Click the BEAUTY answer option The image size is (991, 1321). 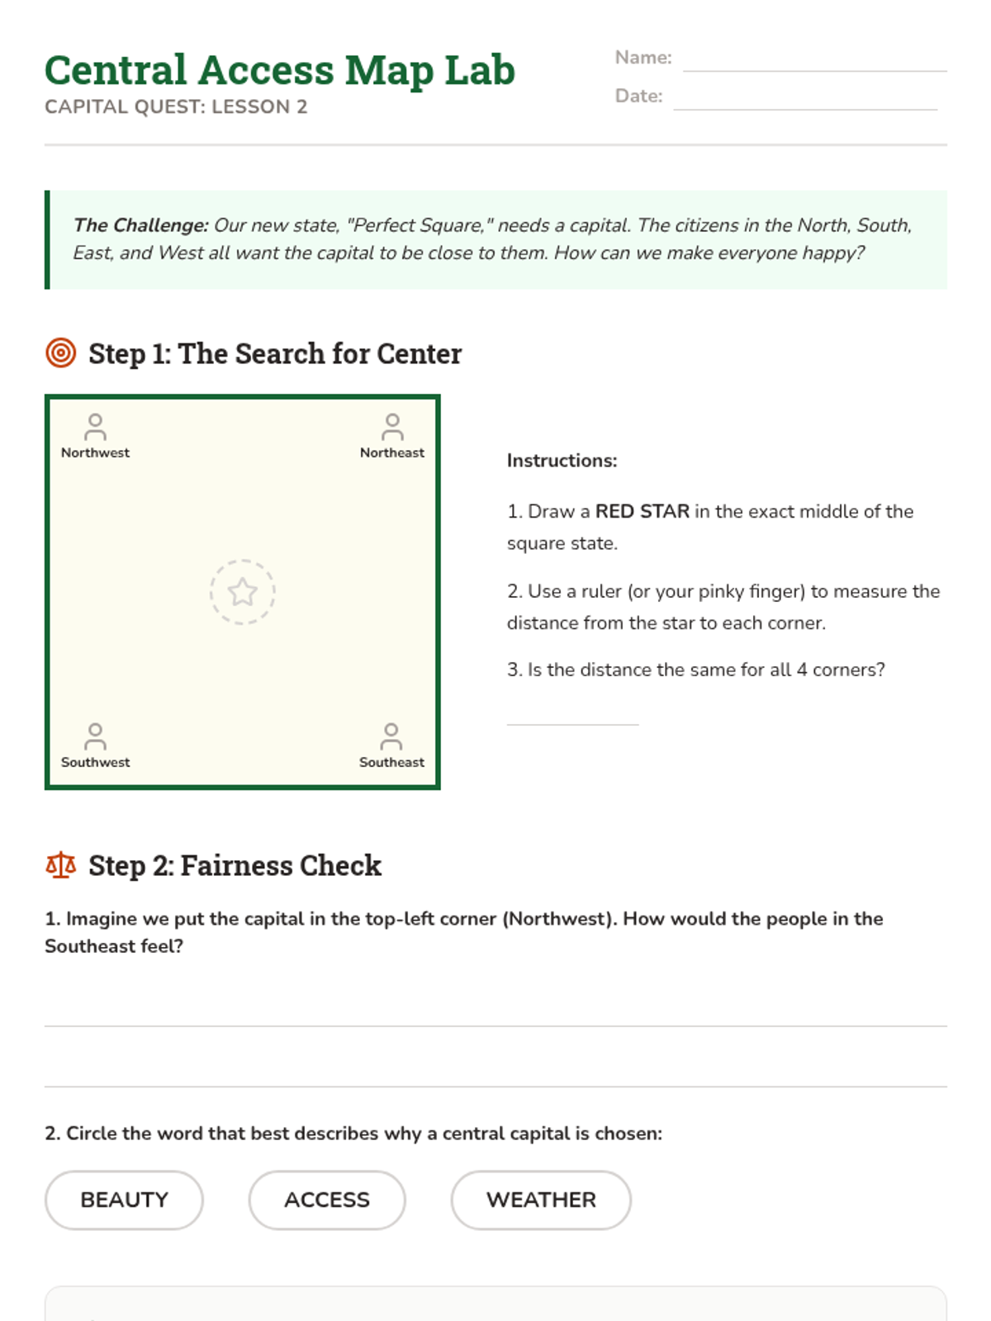124,1200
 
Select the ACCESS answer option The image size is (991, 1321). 327,1200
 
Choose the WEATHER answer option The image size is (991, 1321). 541,1200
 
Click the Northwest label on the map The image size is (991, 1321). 95,452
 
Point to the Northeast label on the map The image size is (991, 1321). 391,452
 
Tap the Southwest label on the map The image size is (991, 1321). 95,762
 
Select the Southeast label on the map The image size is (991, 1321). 391,762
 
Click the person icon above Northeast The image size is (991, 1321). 392,427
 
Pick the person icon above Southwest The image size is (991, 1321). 95,736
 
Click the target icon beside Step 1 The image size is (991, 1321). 61,353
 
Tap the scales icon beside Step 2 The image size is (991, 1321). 61,864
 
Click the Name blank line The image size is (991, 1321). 815,71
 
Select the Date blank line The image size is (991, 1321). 805,110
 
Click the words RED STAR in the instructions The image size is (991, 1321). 642,511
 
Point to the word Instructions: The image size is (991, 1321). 562,461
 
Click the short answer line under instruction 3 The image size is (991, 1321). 572,725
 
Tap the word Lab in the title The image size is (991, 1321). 480,70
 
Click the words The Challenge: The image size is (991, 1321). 140,225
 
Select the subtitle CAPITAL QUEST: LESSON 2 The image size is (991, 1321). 176,107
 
